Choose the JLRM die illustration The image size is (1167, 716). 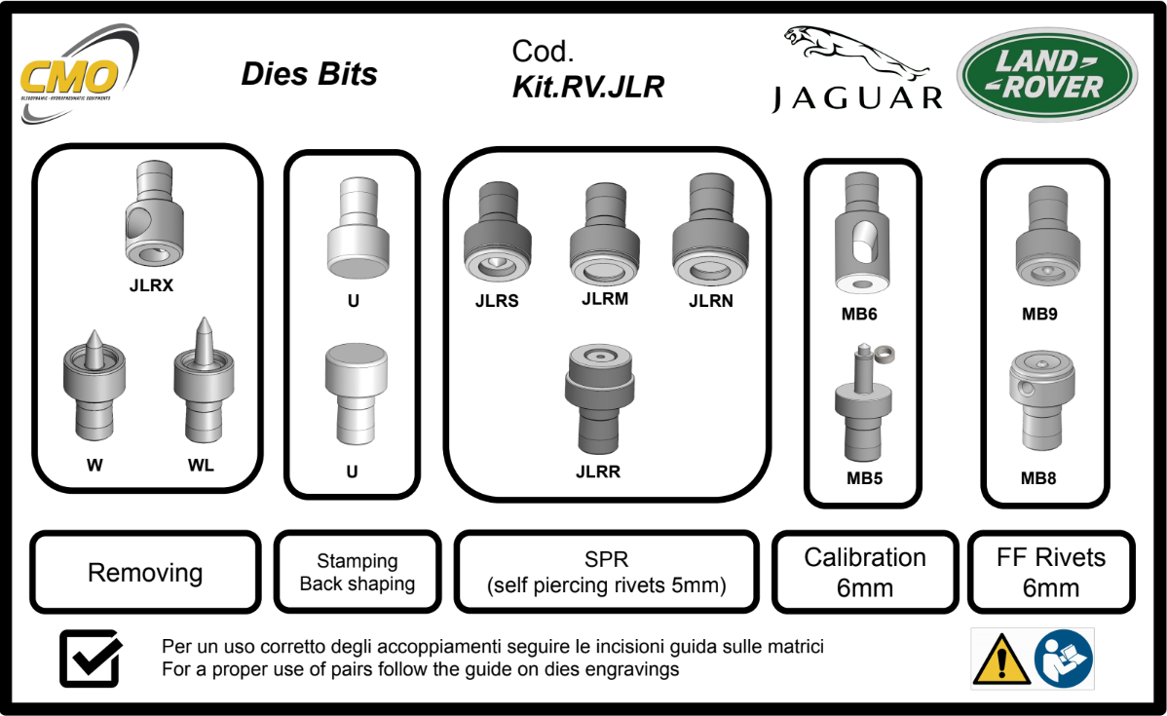click(604, 234)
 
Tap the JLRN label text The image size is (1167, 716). click(710, 302)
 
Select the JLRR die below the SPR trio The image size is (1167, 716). click(599, 399)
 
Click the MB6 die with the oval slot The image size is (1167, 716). click(861, 234)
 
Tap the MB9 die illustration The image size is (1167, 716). click(1044, 239)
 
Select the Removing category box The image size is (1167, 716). click(145, 573)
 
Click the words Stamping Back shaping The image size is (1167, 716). click(357, 573)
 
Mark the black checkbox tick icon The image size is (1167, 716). click(92, 659)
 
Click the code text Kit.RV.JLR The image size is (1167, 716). click(587, 88)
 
